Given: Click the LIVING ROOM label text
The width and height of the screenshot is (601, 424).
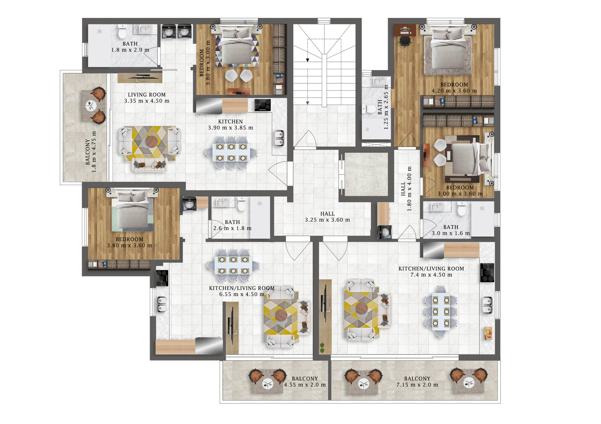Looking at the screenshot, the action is point(146,95).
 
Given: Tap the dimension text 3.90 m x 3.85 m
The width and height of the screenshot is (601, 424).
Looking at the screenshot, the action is point(231,128).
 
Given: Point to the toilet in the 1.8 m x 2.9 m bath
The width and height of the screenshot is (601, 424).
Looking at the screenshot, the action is point(122,31).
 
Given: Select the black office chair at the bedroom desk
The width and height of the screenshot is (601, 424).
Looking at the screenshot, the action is point(405,41).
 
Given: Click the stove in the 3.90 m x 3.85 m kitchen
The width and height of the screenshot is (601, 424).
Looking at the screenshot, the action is point(262,105).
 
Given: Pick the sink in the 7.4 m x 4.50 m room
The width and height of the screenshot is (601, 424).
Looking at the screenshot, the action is point(487,304).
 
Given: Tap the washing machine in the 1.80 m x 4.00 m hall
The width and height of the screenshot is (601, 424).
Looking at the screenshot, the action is point(385,232).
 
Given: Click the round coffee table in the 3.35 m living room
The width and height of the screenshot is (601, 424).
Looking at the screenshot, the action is point(152,141).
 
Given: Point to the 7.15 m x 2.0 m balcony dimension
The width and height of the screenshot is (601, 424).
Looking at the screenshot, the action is point(417,385).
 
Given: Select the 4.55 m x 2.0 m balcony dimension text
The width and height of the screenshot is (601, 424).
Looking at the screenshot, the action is point(305,385).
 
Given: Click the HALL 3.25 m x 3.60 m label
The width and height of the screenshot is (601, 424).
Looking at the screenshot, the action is point(327,217).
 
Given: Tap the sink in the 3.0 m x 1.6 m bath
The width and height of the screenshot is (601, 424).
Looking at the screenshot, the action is point(437,207).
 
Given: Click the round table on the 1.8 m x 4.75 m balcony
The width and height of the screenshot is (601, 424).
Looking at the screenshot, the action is point(91,106).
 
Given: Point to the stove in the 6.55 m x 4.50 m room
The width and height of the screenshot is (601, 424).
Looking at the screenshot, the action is point(162,278).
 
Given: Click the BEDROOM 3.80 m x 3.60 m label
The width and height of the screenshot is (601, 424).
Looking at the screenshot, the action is point(129,242).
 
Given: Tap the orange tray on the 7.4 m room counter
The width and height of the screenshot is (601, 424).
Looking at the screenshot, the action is point(488,333).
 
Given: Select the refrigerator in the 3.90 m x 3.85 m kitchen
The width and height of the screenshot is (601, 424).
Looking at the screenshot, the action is point(209,106).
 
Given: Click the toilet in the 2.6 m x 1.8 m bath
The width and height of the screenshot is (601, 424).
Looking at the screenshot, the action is point(242,204).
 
